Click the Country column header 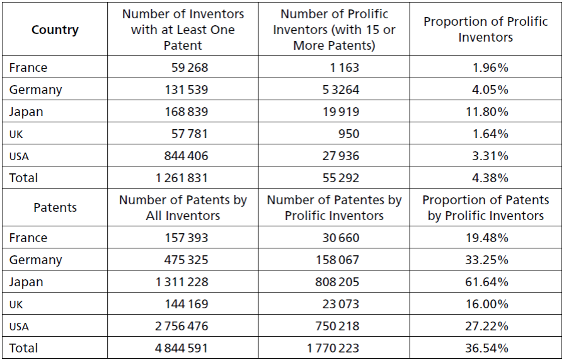pyautogui.click(x=55, y=30)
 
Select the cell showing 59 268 pyautogui.click(x=189, y=67)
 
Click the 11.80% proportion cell pyautogui.click(x=490, y=112)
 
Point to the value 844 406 pyautogui.click(x=182, y=156)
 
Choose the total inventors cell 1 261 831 pyautogui.click(x=181, y=178)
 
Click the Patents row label pyautogui.click(x=55, y=207)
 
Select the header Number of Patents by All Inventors pyautogui.click(x=183, y=207)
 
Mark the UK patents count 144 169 pyautogui.click(x=185, y=304)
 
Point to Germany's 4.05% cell pyautogui.click(x=490, y=90)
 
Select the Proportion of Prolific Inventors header pyautogui.click(x=485, y=29)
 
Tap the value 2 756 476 pyautogui.click(x=181, y=326)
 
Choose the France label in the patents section pyautogui.click(x=28, y=238)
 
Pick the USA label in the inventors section pyautogui.click(x=19, y=156)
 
